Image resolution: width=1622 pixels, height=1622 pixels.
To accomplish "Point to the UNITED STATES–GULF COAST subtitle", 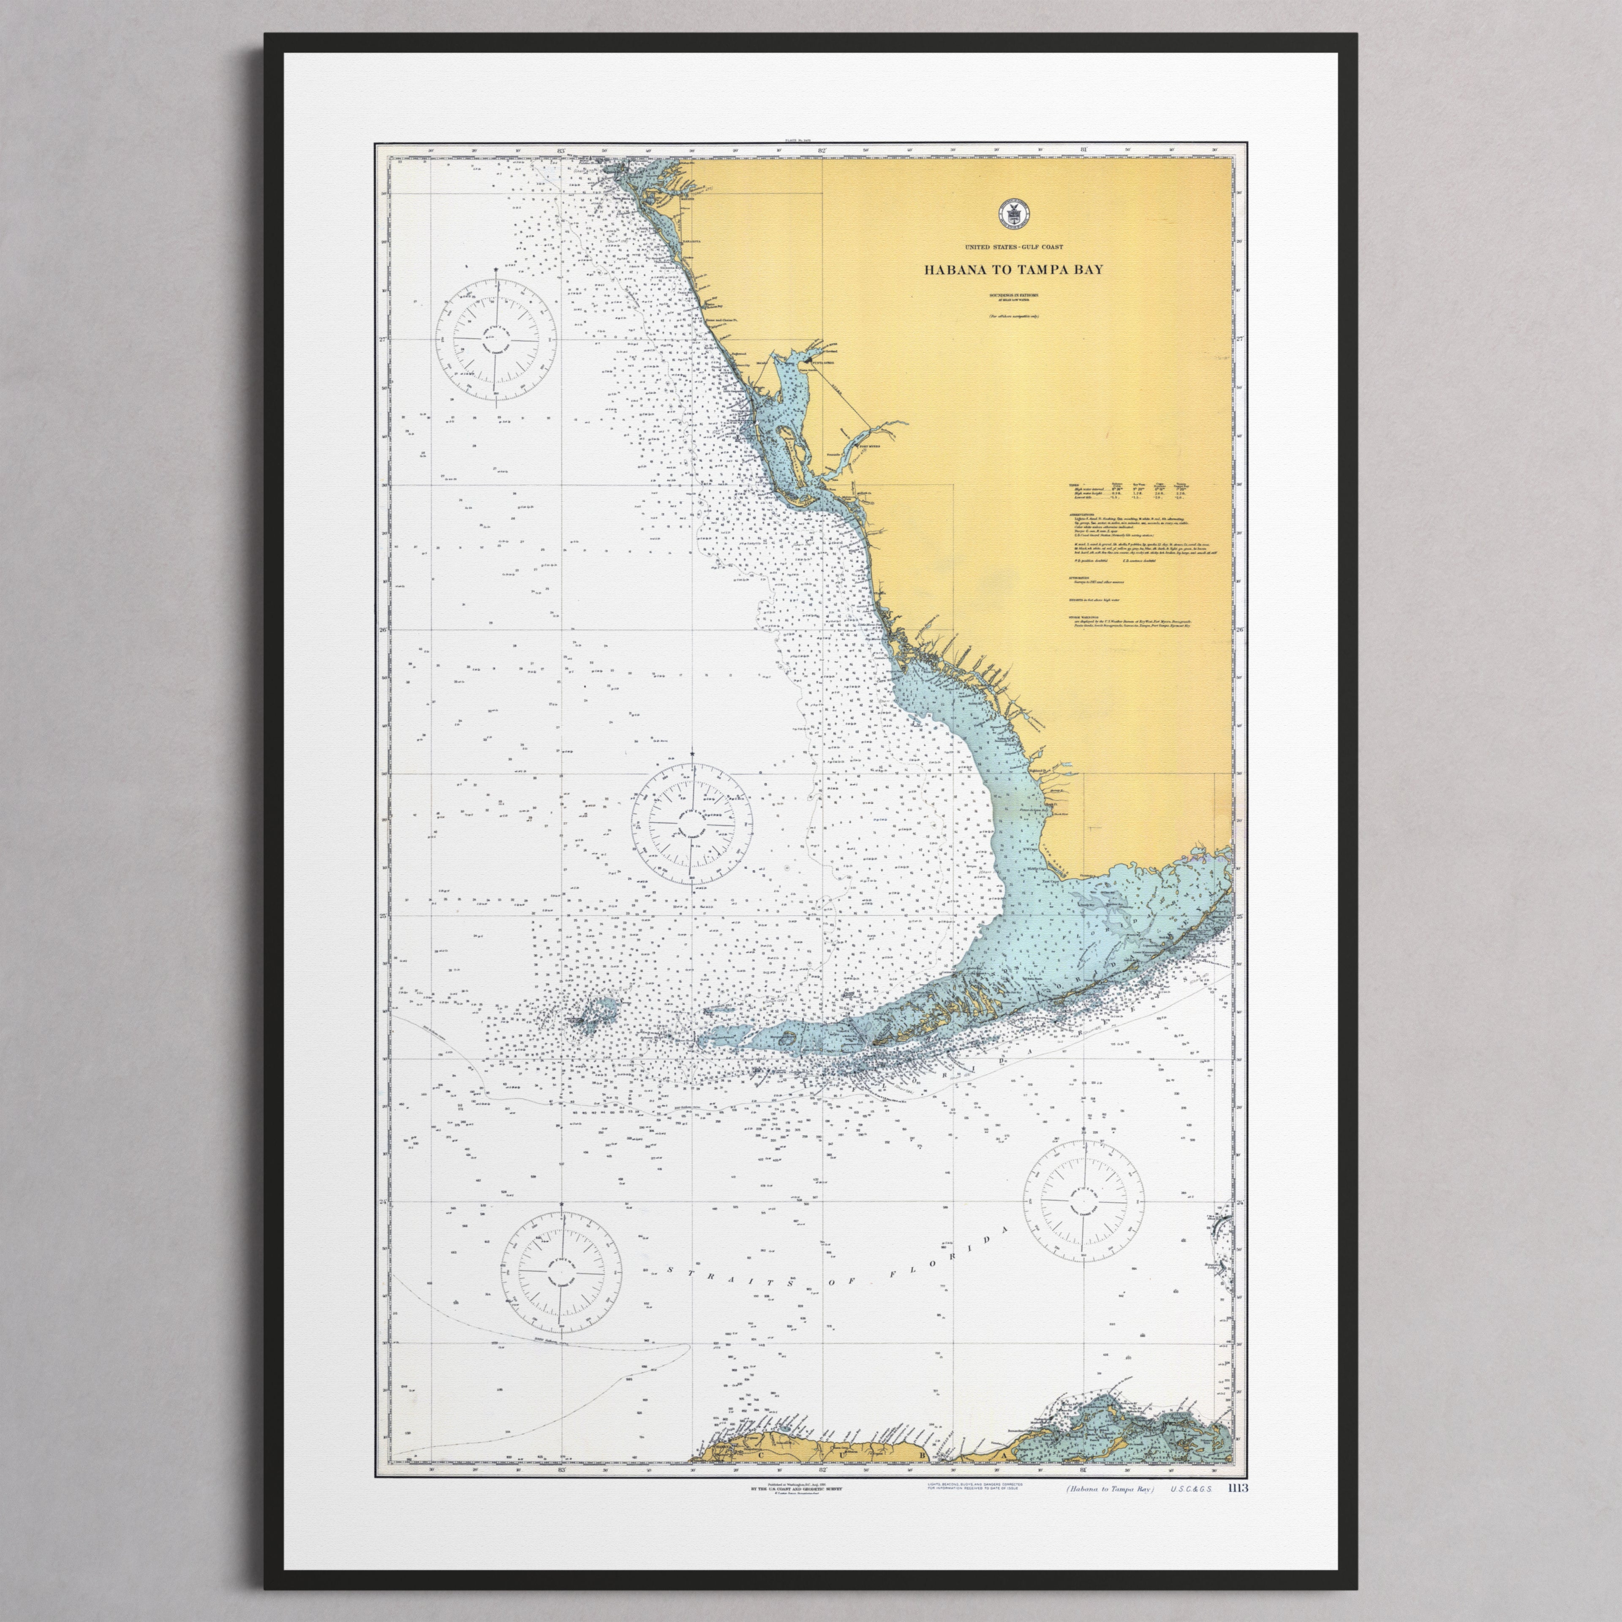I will [1013, 246].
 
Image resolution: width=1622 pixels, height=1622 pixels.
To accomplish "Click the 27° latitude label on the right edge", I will [1240, 340].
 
